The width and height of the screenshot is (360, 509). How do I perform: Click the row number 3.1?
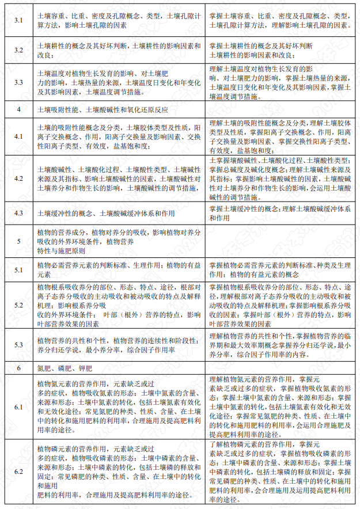point(18,21)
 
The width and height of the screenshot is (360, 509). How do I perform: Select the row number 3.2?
point(18,50)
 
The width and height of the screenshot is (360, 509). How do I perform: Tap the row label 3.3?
point(18,82)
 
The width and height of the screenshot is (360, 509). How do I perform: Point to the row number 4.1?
point(18,137)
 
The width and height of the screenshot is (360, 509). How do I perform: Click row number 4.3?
point(18,213)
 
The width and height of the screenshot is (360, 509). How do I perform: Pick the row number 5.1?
point(18,269)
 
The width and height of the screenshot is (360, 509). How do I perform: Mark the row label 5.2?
point(18,305)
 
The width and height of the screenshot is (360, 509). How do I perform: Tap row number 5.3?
point(18,344)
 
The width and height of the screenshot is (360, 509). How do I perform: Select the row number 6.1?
point(18,407)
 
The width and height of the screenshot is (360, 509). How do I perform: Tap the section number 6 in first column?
point(18,367)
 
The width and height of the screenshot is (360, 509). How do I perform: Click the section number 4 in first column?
point(18,109)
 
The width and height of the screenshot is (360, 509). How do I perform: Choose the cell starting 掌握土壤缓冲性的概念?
point(279,213)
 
